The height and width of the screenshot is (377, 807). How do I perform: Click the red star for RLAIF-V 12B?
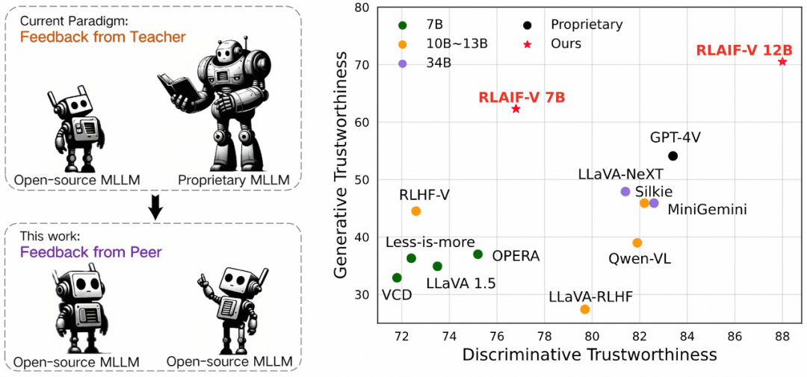pos(782,61)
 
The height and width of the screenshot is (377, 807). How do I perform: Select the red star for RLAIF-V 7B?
pos(516,109)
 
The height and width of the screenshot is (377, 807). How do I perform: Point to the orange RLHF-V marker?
pos(416,211)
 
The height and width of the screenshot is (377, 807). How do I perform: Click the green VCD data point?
pos(397,278)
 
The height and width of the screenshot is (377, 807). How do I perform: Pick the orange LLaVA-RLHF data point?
pos(585,309)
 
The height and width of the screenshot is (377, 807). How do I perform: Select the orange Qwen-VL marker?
pos(637,243)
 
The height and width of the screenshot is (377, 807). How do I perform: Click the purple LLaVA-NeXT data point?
pos(625,192)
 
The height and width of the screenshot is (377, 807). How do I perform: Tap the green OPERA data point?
pos(478,255)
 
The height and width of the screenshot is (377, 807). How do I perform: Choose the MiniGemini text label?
pos(707,210)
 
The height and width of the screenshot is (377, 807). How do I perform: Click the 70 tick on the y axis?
pos(362,65)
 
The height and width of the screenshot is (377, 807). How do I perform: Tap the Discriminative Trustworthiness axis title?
pos(590,355)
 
